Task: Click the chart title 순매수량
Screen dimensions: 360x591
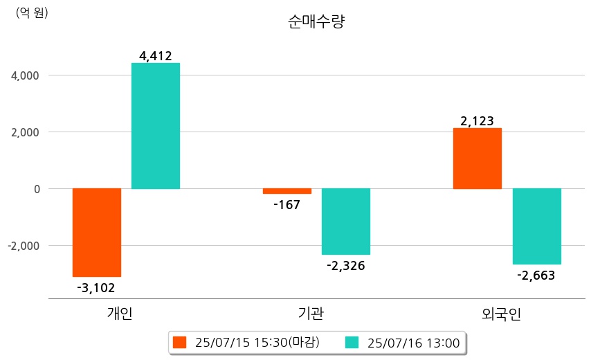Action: point(316,21)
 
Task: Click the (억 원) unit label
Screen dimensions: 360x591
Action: point(32,12)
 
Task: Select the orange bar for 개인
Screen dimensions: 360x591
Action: point(97,233)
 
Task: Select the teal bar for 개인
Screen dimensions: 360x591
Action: point(156,126)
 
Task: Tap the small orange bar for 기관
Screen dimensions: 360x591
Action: point(287,191)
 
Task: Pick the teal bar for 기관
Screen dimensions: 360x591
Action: point(346,222)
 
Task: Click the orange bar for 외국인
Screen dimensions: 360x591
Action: point(478,159)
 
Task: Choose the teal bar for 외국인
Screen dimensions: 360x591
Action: point(536,226)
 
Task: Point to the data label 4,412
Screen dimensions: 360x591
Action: point(156,56)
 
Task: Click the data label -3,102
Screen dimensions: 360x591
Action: point(96,287)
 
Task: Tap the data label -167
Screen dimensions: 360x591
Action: point(287,205)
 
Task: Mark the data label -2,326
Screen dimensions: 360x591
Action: point(346,265)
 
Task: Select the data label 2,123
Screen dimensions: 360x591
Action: point(478,121)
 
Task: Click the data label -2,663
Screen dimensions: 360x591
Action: point(536,275)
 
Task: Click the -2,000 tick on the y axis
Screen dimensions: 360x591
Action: point(25,246)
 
